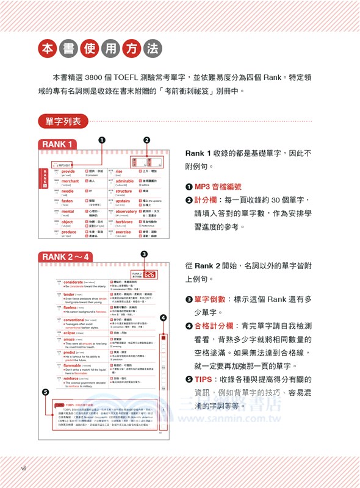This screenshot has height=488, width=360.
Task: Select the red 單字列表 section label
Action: (x=62, y=121)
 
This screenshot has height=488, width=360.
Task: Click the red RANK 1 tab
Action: (x=59, y=145)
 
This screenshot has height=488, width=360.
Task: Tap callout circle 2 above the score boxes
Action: (x=146, y=140)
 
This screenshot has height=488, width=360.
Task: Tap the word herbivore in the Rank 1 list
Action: (x=124, y=221)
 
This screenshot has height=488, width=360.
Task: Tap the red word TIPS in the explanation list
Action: (x=204, y=380)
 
